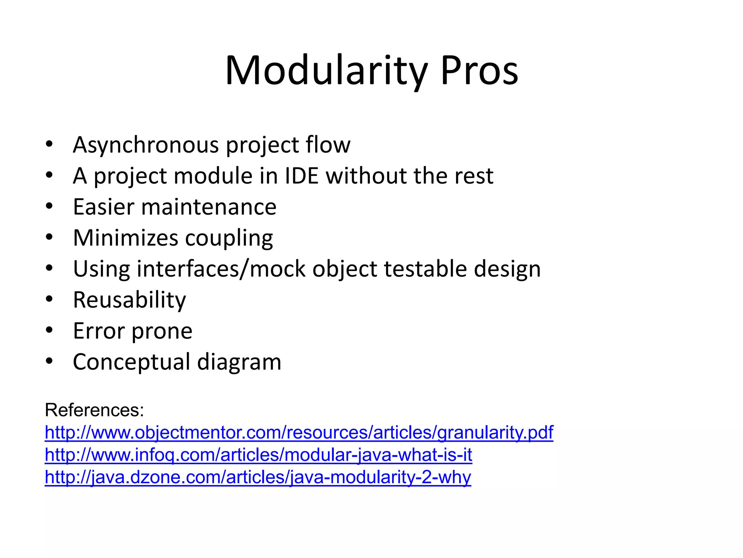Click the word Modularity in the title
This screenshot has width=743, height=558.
(326, 71)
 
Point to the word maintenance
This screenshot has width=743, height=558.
(209, 207)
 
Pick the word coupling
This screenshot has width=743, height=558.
(229, 238)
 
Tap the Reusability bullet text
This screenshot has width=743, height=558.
(130, 300)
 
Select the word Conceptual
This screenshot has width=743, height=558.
(131, 362)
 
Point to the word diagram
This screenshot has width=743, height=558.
(239, 362)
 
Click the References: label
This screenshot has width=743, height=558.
(95, 410)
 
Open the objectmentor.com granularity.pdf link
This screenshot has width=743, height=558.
(299, 433)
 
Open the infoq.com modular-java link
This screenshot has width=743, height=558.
(258, 455)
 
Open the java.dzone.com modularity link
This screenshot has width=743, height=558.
(258, 477)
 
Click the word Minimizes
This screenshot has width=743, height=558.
(126, 238)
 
